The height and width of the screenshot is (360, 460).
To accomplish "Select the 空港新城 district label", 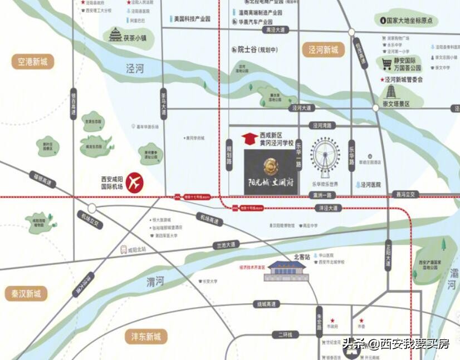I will coord(32,62).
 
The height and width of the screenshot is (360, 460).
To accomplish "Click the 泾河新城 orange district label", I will coord(324,50).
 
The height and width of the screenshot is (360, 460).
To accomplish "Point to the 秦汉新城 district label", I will coord(26,293).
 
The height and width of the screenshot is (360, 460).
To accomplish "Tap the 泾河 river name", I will coord(134,68).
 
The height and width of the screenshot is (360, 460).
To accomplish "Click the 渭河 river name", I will coord(155,282).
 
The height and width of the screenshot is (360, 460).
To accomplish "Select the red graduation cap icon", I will coord(249,138).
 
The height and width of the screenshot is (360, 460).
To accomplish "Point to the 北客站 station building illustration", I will coord(287,271).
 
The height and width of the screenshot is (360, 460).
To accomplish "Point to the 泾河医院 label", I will coord(370,184).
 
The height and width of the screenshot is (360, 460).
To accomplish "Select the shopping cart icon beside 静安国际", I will coord(386,62).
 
